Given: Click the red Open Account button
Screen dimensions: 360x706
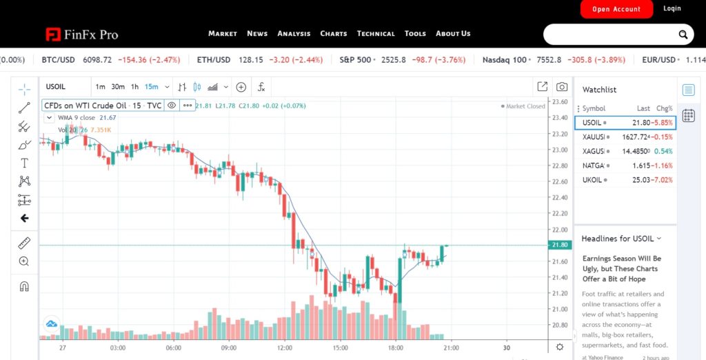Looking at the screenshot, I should tap(616, 9).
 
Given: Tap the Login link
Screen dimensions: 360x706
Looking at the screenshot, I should tap(672, 8).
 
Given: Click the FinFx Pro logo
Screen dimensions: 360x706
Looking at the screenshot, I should tap(82, 34).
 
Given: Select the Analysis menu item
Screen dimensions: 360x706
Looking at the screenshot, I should tap(294, 33).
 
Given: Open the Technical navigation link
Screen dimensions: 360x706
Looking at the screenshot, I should tap(376, 33).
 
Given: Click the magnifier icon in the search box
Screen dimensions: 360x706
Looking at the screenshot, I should tap(683, 34).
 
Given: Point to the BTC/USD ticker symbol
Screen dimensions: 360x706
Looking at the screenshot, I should tap(58, 60).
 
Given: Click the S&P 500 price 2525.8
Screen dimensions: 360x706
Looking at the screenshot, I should tap(393, 60).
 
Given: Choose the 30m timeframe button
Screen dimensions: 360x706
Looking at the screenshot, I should tap(118, 87).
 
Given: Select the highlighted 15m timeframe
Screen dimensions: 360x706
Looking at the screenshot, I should tap(151, 87).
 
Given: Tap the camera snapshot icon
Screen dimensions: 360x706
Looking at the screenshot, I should tap(562, 87).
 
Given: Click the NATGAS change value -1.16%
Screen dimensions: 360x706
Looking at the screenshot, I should tap(664, 166).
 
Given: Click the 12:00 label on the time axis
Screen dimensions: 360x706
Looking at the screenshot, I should tap(285, 348).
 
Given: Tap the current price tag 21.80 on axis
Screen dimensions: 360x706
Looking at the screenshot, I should tap(559, 245).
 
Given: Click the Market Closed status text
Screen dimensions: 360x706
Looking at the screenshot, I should tap(525, 106).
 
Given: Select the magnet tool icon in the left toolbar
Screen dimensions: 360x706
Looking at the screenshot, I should tap(24, 285).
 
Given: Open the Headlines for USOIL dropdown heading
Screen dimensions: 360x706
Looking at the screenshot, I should tap(621, 239).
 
